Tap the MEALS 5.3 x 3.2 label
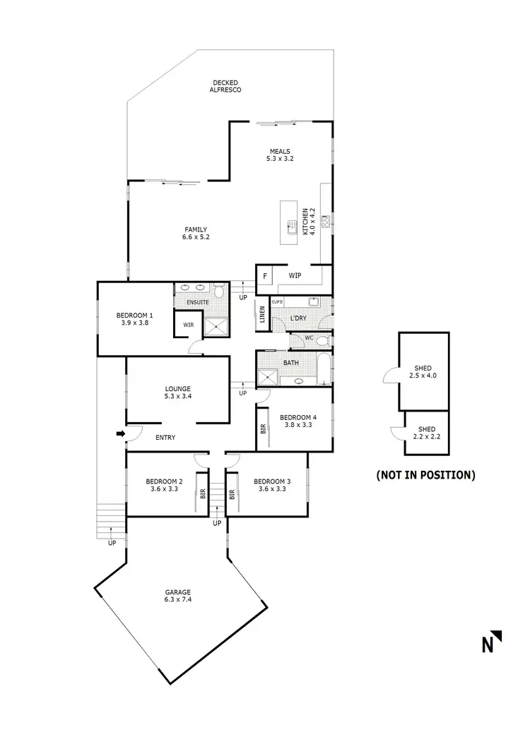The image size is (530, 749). click(x=280, y=155)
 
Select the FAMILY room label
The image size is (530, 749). click(x=196, y=233)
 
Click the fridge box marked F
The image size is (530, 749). click(x=265, y=275)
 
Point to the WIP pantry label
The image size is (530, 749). click(x=295, y=275)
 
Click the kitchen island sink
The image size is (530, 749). click(x=290, y=227)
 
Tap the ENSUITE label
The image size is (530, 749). click(x=197, y=302)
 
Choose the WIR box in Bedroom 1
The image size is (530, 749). click(x=189, y=325)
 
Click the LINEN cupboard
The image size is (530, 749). click(x=262, y=314)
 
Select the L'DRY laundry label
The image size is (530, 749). click(x=299, y=319)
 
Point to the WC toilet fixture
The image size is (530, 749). click(x=322, y=340)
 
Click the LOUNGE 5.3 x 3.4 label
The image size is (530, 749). click(x=178, y=392)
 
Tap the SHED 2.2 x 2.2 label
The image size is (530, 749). click(x=426, y=433)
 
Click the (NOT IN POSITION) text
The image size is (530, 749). click(x=425, y=474)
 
